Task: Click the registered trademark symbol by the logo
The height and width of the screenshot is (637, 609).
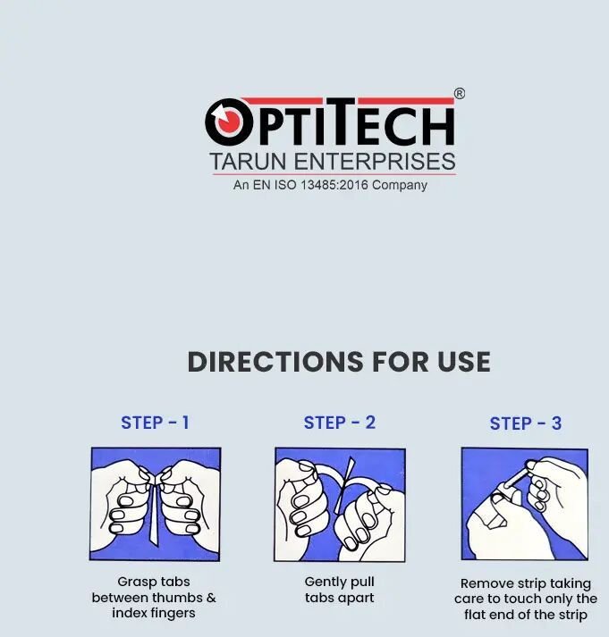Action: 459,94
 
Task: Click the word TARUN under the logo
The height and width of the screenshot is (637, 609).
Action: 248,162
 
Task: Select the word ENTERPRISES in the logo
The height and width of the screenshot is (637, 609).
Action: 375,162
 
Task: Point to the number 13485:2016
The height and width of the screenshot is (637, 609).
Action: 334,185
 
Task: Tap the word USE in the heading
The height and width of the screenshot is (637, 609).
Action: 464,362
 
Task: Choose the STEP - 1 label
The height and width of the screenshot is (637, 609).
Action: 155,423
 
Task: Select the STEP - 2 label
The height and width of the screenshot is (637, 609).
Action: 340,423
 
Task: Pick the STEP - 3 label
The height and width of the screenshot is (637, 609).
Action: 526,423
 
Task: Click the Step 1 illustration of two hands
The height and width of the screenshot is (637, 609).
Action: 156,504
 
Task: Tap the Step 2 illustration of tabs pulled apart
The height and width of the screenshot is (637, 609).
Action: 340,505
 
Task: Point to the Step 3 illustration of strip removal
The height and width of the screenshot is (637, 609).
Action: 525,504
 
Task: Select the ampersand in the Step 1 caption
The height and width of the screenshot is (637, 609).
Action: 211,598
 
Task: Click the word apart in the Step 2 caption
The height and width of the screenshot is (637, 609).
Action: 356,599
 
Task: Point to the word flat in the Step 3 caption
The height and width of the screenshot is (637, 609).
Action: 474,615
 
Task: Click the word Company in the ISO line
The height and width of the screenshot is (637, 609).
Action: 399,185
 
